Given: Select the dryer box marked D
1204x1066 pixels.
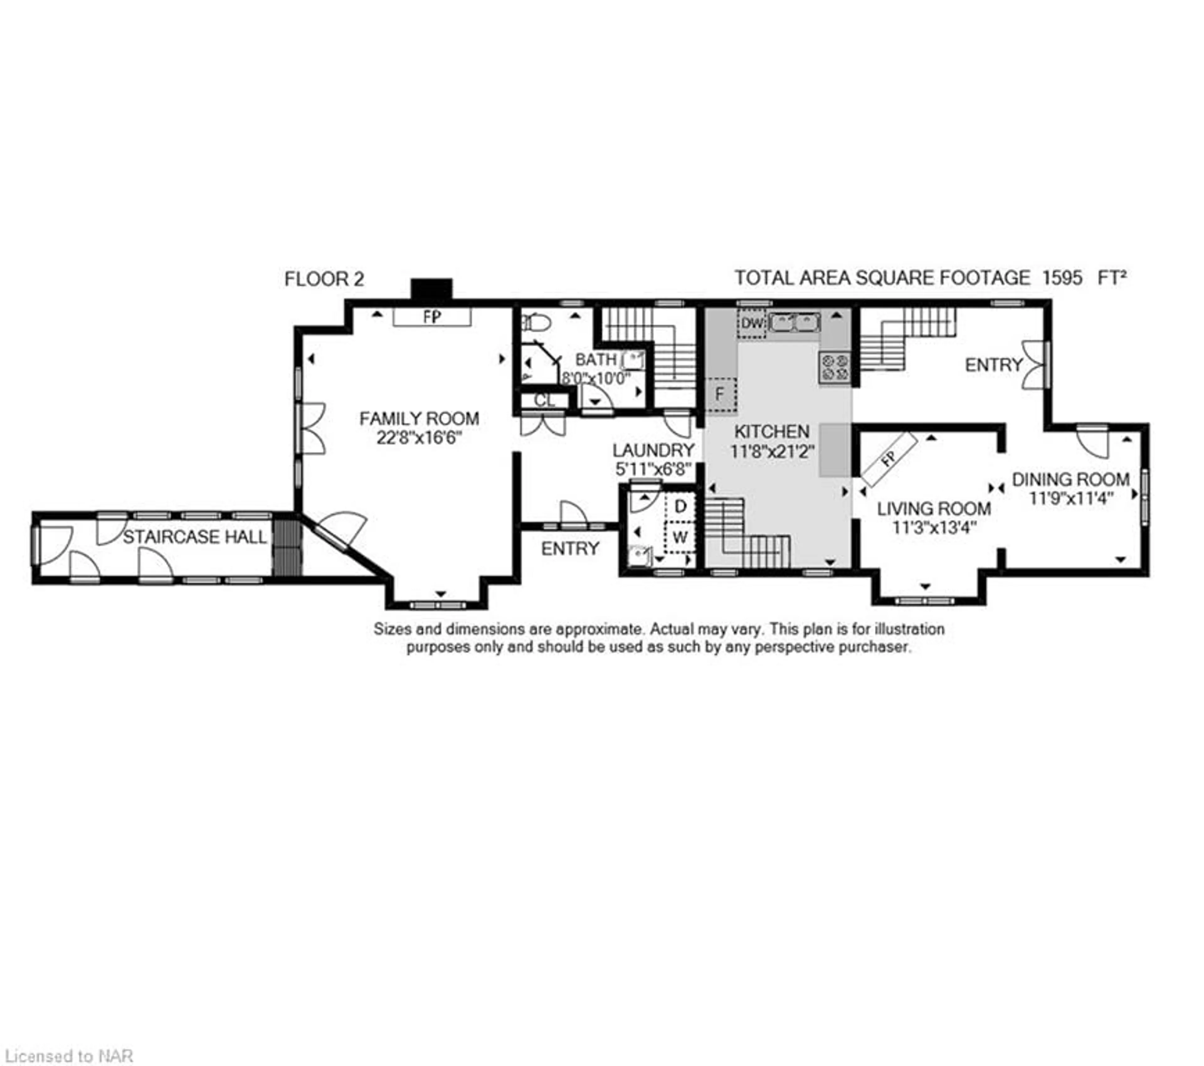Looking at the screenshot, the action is click(x=680, y=506).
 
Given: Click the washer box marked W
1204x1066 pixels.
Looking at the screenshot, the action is click(x=680, y=537).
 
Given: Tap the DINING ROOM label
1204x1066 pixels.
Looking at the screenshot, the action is click(x=1071, y=479).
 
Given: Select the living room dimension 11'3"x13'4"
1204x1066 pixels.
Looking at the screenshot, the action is click(x=934, y=527).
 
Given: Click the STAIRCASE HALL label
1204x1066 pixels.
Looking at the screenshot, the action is click(x=195, y=537).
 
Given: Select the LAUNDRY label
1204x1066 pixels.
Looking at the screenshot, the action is click(x=653, y=450).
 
